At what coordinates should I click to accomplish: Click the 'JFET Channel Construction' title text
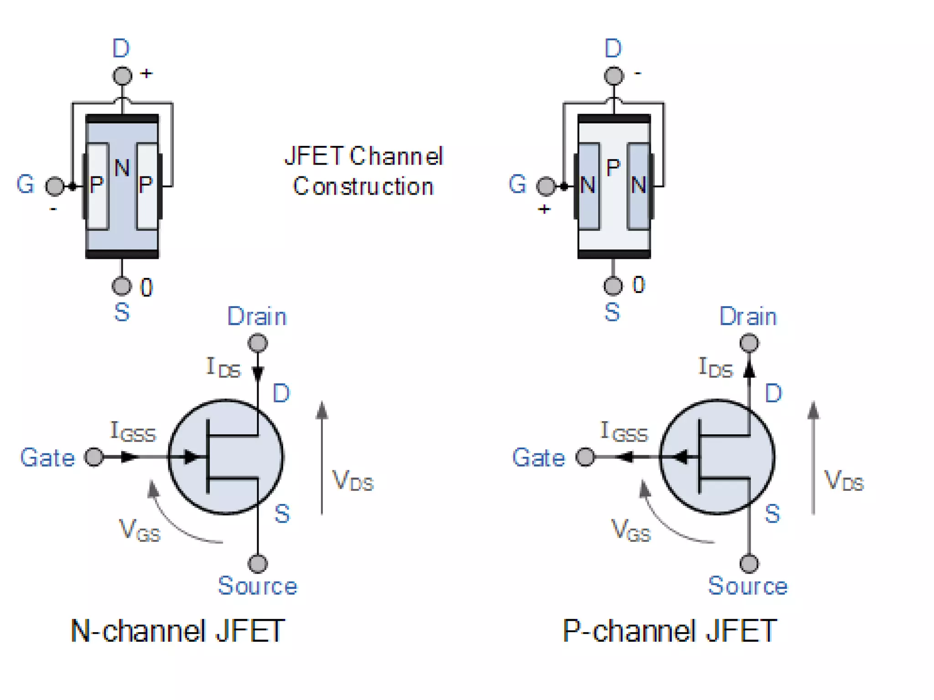tap(363, 171)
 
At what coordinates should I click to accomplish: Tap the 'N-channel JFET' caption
tap(178, 632)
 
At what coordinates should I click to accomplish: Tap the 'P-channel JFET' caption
tap(669, 632)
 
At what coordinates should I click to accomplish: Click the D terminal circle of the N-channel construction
tap(122, 76)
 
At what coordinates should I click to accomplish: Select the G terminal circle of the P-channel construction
tap(546, 186)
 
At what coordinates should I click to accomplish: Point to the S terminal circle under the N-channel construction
tap(121, 286)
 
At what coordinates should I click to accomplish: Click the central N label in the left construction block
tap(122, 168)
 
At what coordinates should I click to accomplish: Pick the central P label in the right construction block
tap(613, 168)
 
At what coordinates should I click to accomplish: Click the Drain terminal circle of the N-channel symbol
tap(258, 343)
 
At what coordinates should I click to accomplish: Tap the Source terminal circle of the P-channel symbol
tap(749, 564)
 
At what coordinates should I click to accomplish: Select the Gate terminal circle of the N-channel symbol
tap(94, 457)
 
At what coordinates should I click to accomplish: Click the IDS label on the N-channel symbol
tap(223, 368)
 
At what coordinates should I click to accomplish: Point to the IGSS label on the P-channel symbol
tap(623, 432)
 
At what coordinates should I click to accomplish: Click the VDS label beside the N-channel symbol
tap(353, 481)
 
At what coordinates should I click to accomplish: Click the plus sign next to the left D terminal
tap(146, 73)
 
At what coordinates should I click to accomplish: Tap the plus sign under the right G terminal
tap(544, 209)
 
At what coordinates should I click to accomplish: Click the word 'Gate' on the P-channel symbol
tap(539, 458)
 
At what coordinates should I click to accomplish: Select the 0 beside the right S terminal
tap(638, 285)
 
